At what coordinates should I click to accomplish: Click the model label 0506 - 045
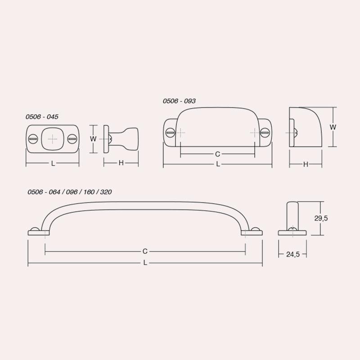pyautogui.click(x=42, y=117)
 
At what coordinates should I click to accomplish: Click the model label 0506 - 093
pyautogui.click(x=179, y=101)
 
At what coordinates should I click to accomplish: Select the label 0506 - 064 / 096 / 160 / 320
pyautogui.click(x=70, y=192)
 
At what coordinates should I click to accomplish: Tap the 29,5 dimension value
pyautogui.click(x=321, y=218)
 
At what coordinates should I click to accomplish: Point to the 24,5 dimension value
pyautogui.click(x=293, y=254)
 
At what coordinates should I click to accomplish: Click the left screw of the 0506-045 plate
pyautogui.click(x=33, y=139)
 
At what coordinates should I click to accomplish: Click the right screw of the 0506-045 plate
pyautogui.click(x=72, y=139)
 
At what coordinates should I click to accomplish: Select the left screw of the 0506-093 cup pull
pyautogui.click(x=171, y=132)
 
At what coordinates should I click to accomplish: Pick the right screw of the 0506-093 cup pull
pyautogui.click(x=265, y=132)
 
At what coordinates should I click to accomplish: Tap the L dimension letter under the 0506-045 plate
pyautogui.click(x=53, y=163)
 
